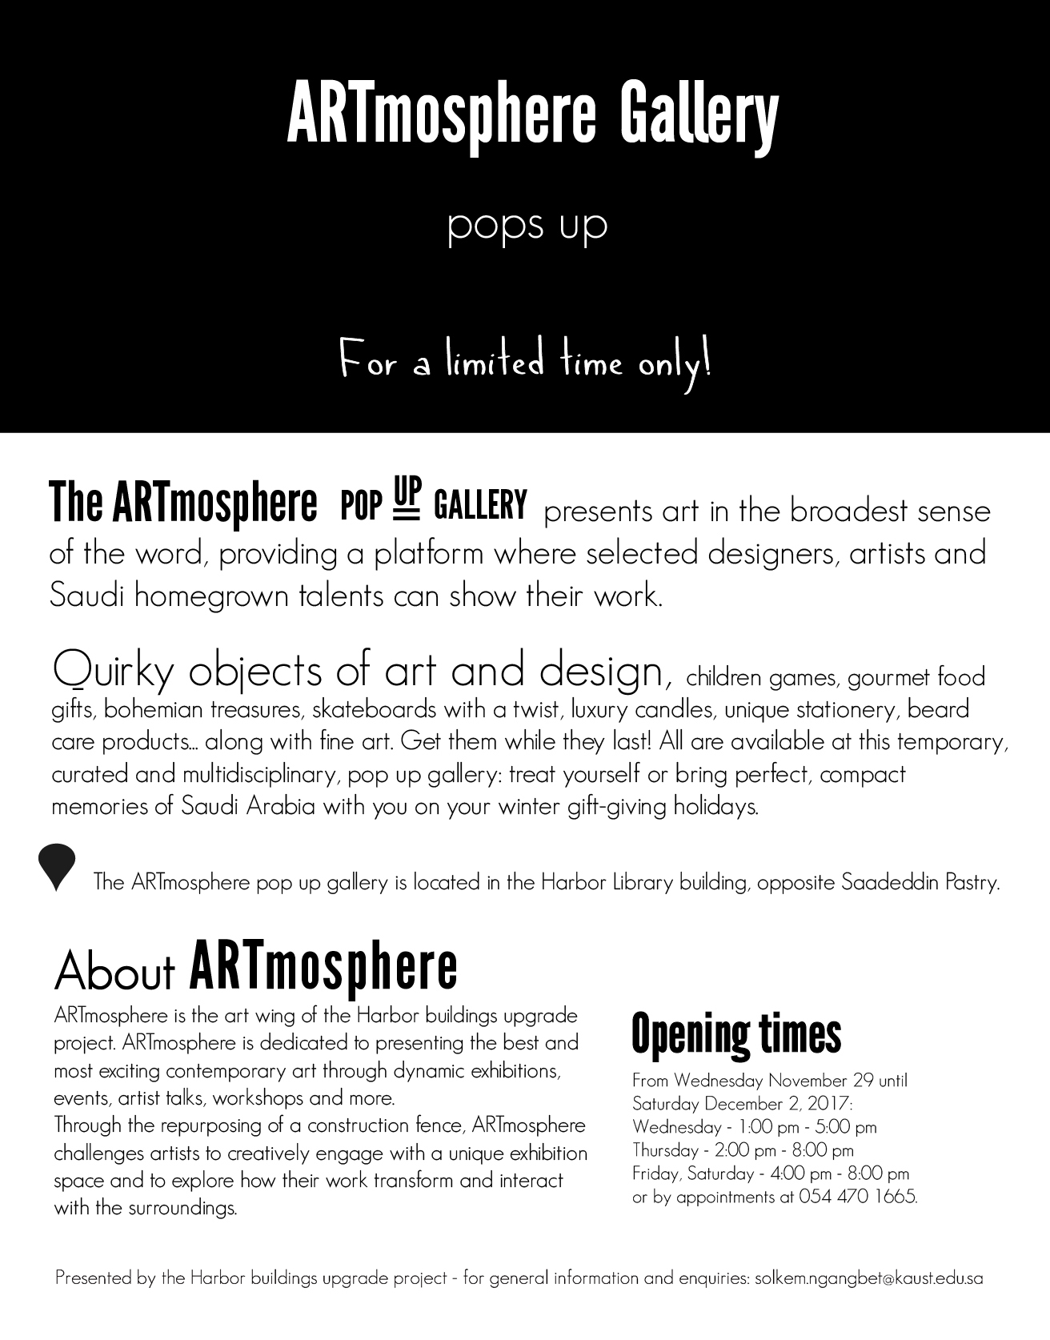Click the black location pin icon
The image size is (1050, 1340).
(57, 865)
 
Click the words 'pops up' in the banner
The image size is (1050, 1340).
(527, 226)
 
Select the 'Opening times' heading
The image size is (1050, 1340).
(736, 1033)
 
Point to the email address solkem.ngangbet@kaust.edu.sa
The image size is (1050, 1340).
(868, 1278)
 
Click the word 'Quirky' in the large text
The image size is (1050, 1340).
(113, 671)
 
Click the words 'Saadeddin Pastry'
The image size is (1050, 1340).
(920, 882)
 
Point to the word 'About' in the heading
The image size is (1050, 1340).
(114, 970)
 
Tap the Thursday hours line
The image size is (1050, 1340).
(743, 1150)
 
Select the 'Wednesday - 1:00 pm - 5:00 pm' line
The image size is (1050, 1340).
(754, 1126)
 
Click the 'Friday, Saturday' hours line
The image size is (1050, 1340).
(771, 1174)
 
